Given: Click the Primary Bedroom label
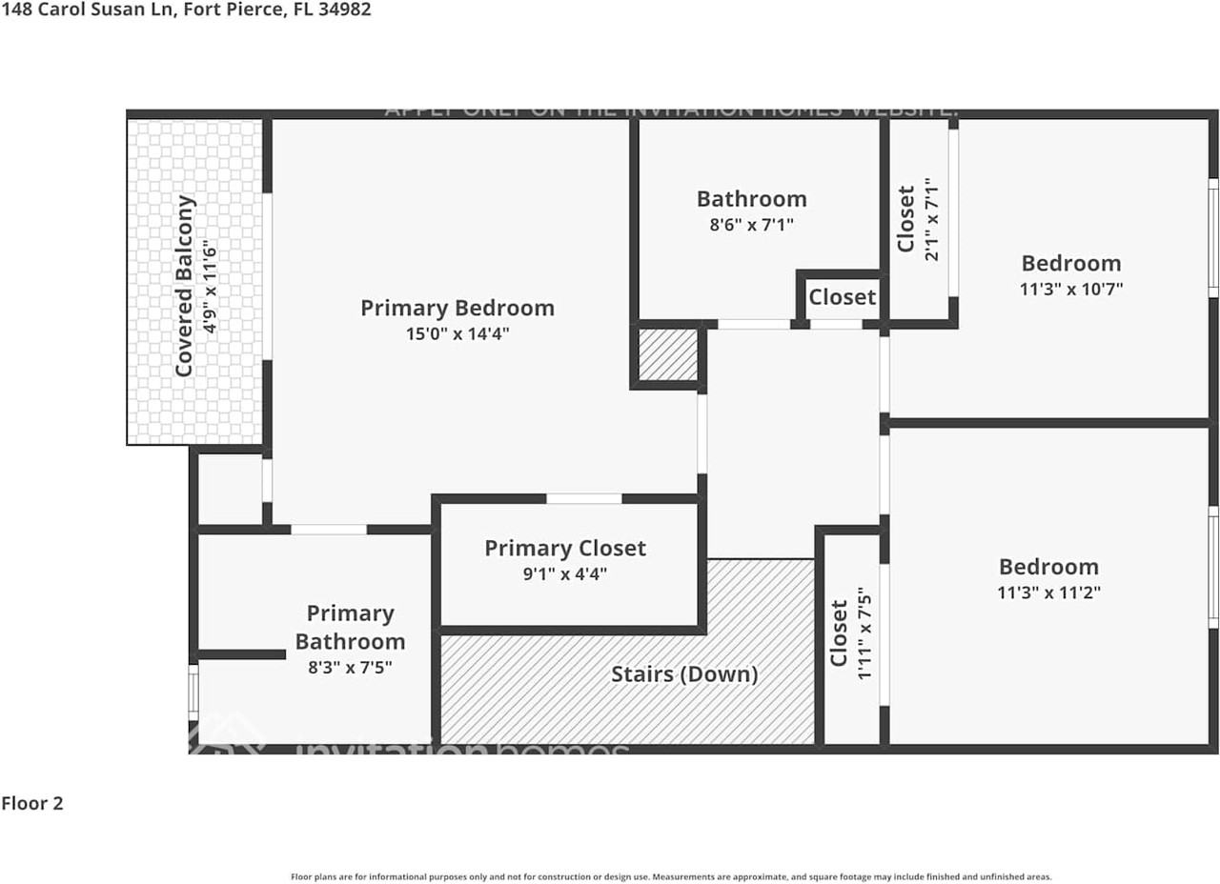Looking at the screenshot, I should [457, 309].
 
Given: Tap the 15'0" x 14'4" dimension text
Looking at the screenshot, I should [457, 334].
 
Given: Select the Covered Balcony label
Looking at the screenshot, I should [186, 286].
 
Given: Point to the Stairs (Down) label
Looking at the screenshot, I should [684, 674].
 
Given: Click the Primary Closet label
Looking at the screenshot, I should [565, 549].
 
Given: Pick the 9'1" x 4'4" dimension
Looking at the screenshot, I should [565, 574].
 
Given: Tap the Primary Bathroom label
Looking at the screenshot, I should [351, 627].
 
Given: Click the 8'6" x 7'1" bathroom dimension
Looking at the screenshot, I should [752, 225].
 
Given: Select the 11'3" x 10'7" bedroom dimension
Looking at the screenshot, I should [1071, 289].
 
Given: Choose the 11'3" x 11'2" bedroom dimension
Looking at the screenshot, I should [1048, 593].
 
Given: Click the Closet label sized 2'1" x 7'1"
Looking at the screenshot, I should [906, 219].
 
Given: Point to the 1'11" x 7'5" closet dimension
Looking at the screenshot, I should [865, 633].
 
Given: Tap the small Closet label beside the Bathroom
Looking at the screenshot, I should [843, 297].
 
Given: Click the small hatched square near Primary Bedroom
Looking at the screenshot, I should [667, 354].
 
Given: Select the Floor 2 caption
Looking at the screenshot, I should [32, 803].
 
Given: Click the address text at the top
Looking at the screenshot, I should [186, 10].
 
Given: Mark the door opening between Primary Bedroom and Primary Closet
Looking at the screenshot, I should [584, 498].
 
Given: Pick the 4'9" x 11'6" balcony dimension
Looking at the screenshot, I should [211, 286].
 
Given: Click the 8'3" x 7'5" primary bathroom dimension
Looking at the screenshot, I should [351, 668].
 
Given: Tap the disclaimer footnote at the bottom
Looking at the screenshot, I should [671, 876].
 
